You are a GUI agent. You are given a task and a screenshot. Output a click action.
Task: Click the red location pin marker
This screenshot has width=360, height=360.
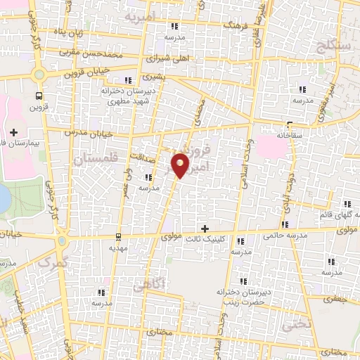pos(181,166)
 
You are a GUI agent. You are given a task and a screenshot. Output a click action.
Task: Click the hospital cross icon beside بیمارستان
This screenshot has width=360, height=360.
pos(14,131)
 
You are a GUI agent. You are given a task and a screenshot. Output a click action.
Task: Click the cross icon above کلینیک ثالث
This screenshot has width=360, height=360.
pos(205,229)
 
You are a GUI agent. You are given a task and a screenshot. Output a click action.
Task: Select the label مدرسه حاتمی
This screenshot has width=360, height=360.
pos(281,236)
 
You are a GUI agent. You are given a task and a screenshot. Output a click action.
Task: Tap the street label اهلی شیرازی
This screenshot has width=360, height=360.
pos(171,58)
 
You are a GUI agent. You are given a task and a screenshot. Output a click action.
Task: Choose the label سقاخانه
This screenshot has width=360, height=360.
pos(289,134)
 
